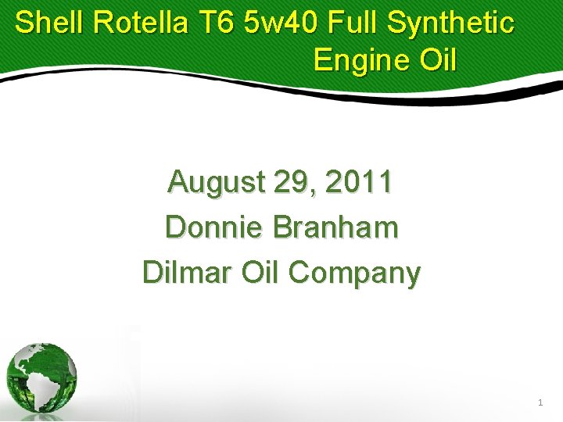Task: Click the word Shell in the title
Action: pos(49,23)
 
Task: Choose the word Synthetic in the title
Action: pos(453,24)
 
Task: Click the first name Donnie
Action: pos(213,228)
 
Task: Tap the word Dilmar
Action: pos(185,274)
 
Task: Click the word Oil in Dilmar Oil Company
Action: pos(260,274)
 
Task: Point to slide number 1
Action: pos(540,403)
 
